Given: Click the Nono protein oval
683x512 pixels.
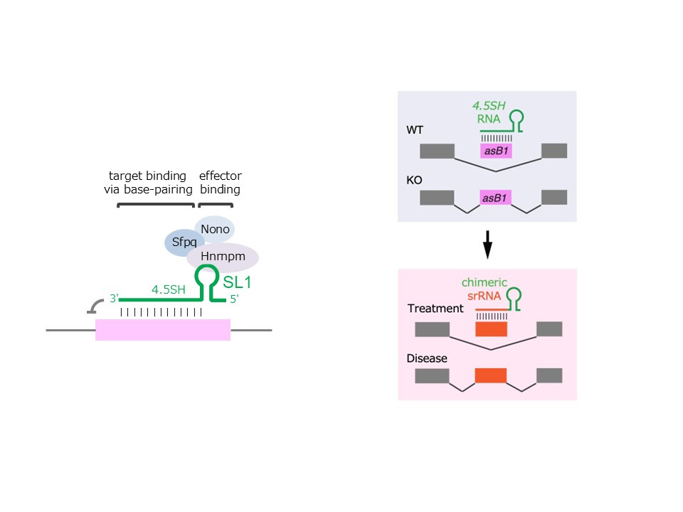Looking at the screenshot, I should point(214,229).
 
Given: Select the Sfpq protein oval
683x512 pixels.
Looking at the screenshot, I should point(184,242).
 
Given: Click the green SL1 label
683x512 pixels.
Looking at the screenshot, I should point(238,282).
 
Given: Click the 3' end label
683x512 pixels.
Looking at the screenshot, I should point(113,299).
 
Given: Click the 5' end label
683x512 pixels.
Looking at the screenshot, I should point(233,299).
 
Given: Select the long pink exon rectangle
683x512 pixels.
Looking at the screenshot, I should point(163,330).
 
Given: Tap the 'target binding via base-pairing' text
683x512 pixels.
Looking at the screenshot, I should point(147,183).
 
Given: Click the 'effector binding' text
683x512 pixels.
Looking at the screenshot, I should point(220,183).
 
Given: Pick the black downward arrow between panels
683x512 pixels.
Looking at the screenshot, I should point(487,245).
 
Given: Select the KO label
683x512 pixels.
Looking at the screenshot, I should point(414,181).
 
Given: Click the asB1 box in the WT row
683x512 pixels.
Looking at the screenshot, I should point(497,151).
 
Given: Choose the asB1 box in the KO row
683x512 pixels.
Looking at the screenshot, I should point(497,198).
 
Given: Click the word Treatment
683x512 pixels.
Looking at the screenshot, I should point(435,309).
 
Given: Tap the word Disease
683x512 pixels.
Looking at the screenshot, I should point(427,358).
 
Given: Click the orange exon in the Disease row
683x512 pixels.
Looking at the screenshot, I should point(490,376).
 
